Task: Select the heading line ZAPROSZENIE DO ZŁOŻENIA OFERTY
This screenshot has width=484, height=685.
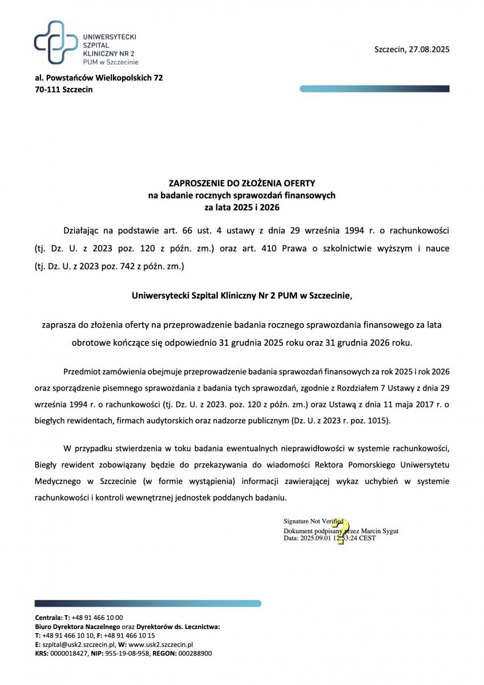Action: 242,184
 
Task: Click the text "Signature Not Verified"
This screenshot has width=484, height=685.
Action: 313,521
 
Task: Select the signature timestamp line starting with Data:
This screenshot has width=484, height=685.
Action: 329,538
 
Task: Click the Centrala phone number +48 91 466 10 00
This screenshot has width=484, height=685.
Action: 97,618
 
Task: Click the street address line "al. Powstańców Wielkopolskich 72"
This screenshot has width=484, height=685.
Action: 99,78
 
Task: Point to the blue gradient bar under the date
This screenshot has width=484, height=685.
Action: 374,88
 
